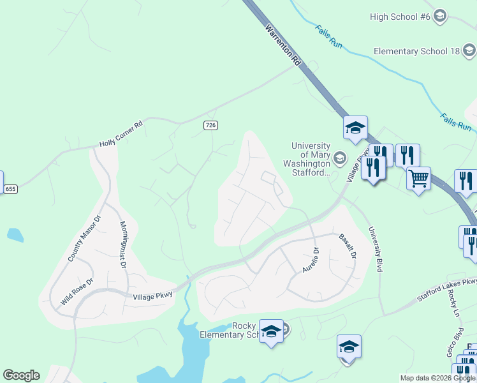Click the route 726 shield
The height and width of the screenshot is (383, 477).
[x=210, y=125]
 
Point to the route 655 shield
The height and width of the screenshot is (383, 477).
[x=10, y=189]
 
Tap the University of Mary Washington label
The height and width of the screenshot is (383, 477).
[x=311, y=159]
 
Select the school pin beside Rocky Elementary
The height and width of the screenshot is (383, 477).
[x=271, y=332]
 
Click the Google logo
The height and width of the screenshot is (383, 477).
[x=21, y=375]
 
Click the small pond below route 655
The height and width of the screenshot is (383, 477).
[x=15, y=235]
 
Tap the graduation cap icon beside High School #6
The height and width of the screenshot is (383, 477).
[x=439, y=16]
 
